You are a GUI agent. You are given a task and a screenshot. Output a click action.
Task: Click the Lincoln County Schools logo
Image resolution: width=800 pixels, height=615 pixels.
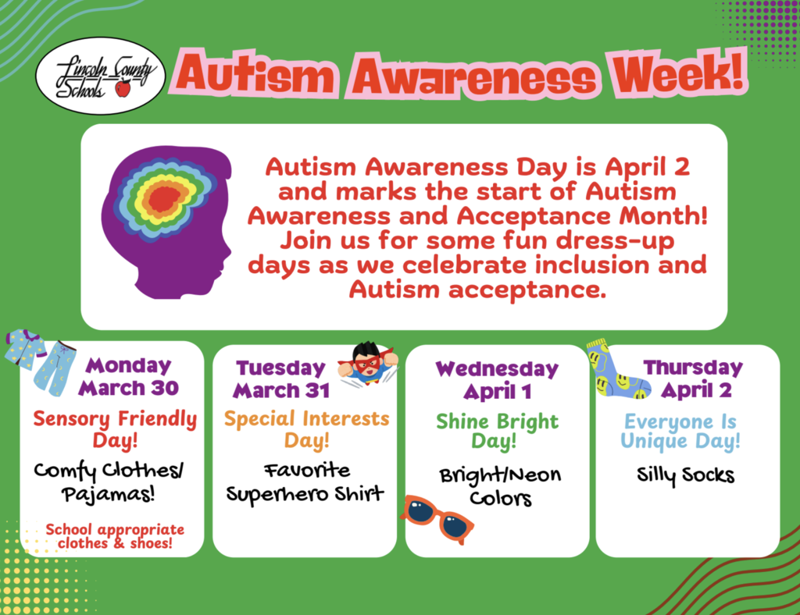(x=101, y=76)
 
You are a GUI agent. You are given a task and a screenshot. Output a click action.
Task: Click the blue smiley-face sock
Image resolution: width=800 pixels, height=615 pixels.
(x=616, y=370)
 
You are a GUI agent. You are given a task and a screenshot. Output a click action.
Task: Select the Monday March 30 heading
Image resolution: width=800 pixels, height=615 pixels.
(x=129, y=376)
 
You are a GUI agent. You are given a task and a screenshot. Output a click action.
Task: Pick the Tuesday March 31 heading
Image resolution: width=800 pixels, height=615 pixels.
(x=281, y=379)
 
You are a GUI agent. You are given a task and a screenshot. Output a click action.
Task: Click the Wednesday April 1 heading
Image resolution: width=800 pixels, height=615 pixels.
(x=497, y=379)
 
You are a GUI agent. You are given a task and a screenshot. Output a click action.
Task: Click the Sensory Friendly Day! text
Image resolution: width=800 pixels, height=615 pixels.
(x=115, y=429)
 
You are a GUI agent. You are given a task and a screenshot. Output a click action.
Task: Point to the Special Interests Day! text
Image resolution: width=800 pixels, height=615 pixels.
(x=306, y=428)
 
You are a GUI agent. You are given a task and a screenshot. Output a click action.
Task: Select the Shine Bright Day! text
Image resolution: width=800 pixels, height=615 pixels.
(x=497, y=432)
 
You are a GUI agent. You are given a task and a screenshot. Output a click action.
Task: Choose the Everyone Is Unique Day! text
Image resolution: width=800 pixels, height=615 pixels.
(x=680, y=432)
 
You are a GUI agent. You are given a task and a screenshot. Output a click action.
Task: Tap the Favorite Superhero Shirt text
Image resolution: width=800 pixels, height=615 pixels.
(x=306, y=482)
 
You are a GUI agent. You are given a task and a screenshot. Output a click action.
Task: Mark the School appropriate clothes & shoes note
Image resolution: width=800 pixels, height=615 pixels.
(x=114, y=535)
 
